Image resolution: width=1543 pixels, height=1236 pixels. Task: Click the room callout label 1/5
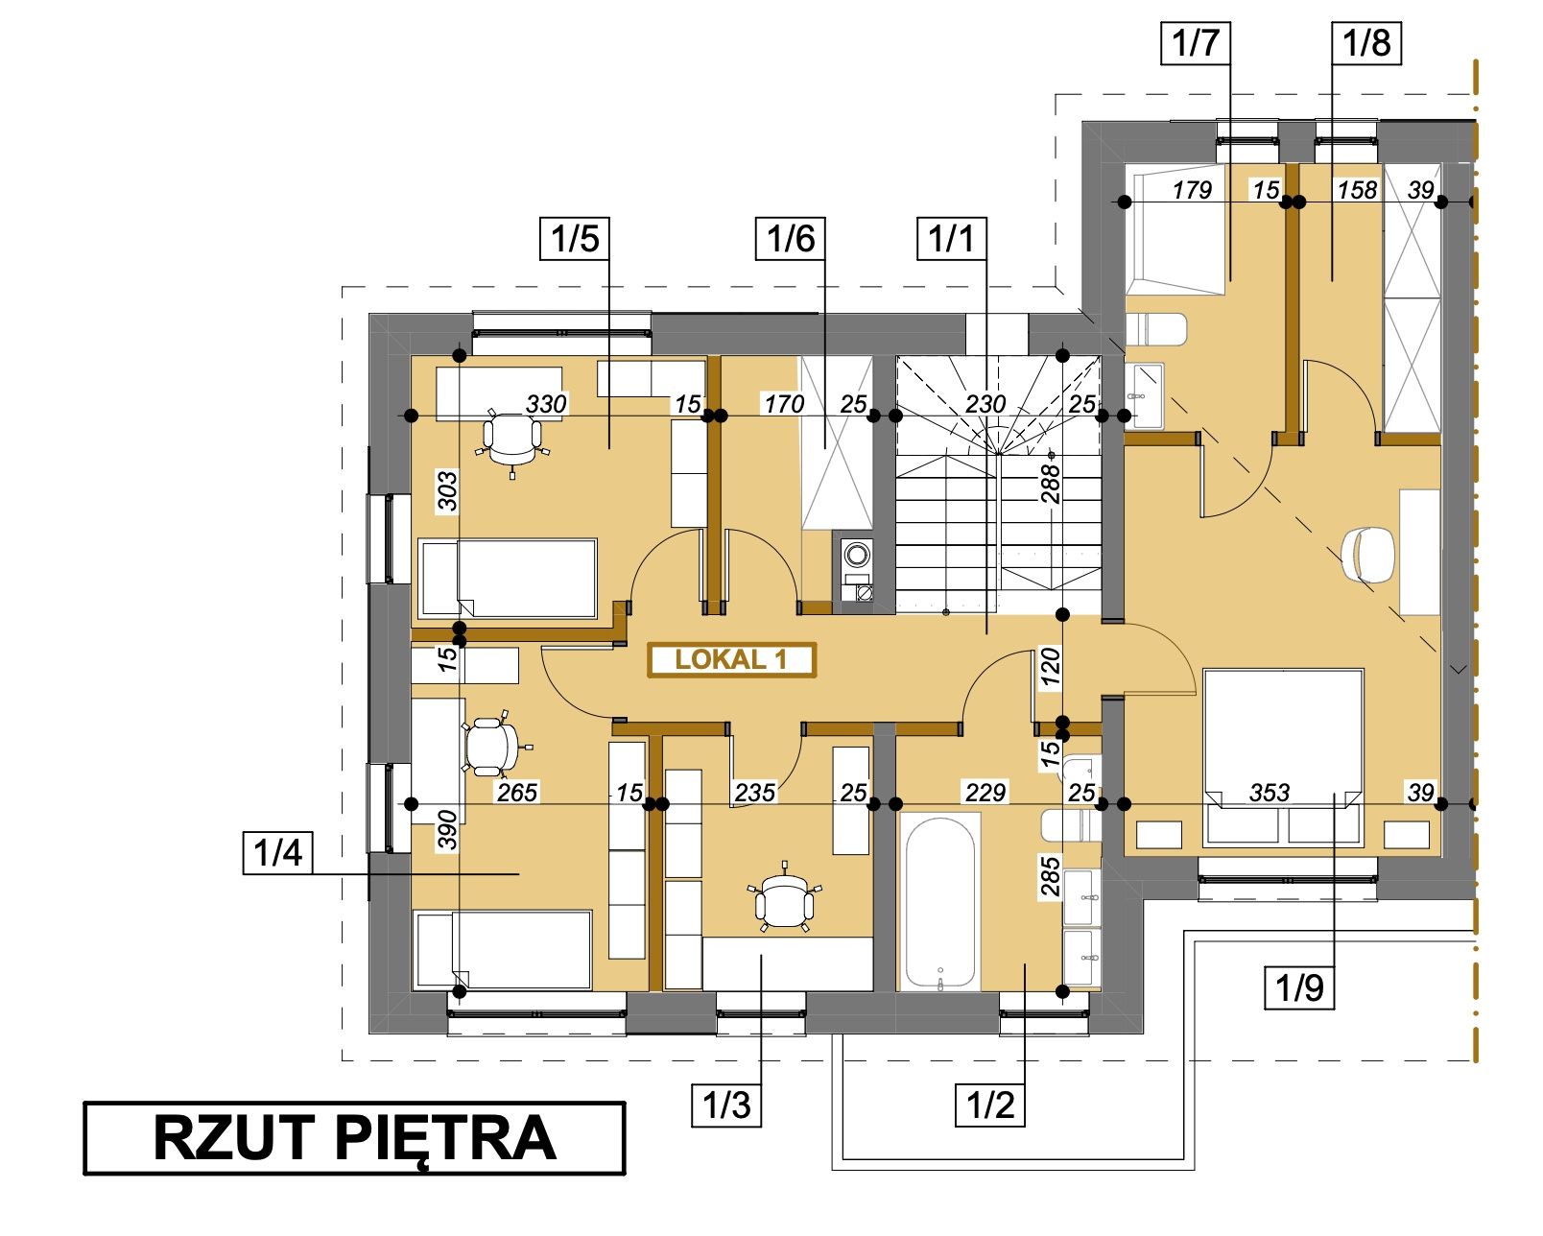(x=575, y=238)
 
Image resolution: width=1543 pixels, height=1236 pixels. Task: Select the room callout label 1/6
(x=790, y=238)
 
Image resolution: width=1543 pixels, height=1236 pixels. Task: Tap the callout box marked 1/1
(x=952, y=238)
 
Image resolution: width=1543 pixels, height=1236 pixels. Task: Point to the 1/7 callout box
(x=1196, y=43)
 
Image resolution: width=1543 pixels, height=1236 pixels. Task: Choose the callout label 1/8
(x=1366, y=43)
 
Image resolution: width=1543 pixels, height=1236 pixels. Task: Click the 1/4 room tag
(x=277, y=852)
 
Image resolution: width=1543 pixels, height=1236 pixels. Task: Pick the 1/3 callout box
(x=725, y=1105)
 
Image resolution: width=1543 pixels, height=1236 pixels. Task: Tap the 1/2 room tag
(x=990, y=1105)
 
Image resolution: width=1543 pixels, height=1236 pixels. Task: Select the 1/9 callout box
(x=1299, y=988)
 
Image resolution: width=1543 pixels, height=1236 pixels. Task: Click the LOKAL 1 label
(x=731, y=659)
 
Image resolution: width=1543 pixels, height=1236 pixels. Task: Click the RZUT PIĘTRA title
(x=355, y=1138)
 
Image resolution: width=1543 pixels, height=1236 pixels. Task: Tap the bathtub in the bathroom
(x=939, y=902)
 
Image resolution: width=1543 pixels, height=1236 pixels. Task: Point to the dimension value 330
(x=546, y=404)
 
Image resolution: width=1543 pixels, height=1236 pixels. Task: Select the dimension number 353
(x=1270, y=793)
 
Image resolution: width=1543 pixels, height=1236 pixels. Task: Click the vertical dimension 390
(x=447, y=829)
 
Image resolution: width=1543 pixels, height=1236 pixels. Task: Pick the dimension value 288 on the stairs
(x=1050, y=484)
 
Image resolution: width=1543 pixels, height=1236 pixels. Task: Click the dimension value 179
(x=1192, y=190)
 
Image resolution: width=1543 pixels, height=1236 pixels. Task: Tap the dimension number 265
(x=517, y=793)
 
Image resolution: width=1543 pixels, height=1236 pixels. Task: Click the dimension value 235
(x=755, y=793)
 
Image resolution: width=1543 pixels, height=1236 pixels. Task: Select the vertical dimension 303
(x=447, y=491)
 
